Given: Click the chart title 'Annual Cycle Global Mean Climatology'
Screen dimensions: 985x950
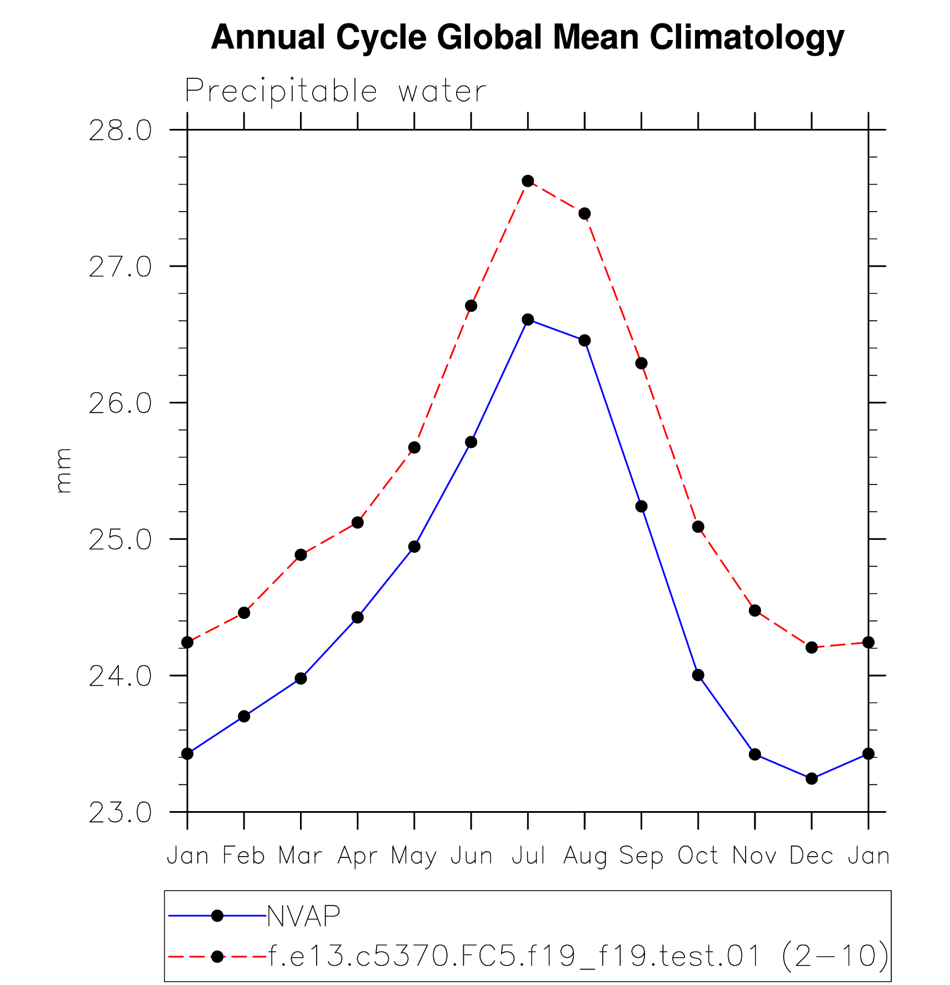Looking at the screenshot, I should [x=527, y=38].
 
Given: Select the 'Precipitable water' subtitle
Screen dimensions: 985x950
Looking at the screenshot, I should [x=336, y=91].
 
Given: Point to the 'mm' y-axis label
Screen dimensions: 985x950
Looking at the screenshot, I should [x=64, y=471].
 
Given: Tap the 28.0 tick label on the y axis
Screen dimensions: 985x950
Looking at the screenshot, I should [x=120, y=131].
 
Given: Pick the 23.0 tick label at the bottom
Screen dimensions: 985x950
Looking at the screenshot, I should [x=120, y=813].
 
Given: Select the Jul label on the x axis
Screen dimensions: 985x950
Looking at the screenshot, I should [x=528, y=856].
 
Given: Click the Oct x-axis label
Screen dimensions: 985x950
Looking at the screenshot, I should [x=698, y=856].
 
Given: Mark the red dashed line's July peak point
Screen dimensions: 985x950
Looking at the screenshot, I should [x=528, y=181].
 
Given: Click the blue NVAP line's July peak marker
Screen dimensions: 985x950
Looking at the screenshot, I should [x=528, y=319].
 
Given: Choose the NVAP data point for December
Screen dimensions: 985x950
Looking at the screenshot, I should [x=812, y=778].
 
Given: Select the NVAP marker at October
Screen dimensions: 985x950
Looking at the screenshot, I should [x=698, y=675].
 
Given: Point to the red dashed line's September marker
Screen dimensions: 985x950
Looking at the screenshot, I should [x=641, y=363].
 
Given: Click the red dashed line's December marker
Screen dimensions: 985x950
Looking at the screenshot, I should [x=812, y=647].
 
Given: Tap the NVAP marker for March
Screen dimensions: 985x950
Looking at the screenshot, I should [x=301, y=678].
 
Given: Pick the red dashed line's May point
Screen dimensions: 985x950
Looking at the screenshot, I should [x=414, y=447].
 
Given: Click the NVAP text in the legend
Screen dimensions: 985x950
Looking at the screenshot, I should [x=303, y=916].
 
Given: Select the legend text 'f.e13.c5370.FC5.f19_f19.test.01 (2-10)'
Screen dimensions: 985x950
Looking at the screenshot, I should [x=578, y=956].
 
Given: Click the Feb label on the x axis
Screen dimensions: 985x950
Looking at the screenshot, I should [x=244, y=856].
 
